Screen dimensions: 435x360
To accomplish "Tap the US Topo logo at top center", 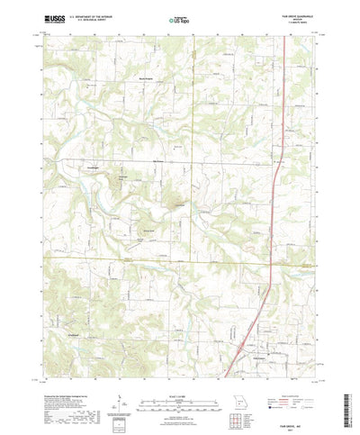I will [x=180, y=18].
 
